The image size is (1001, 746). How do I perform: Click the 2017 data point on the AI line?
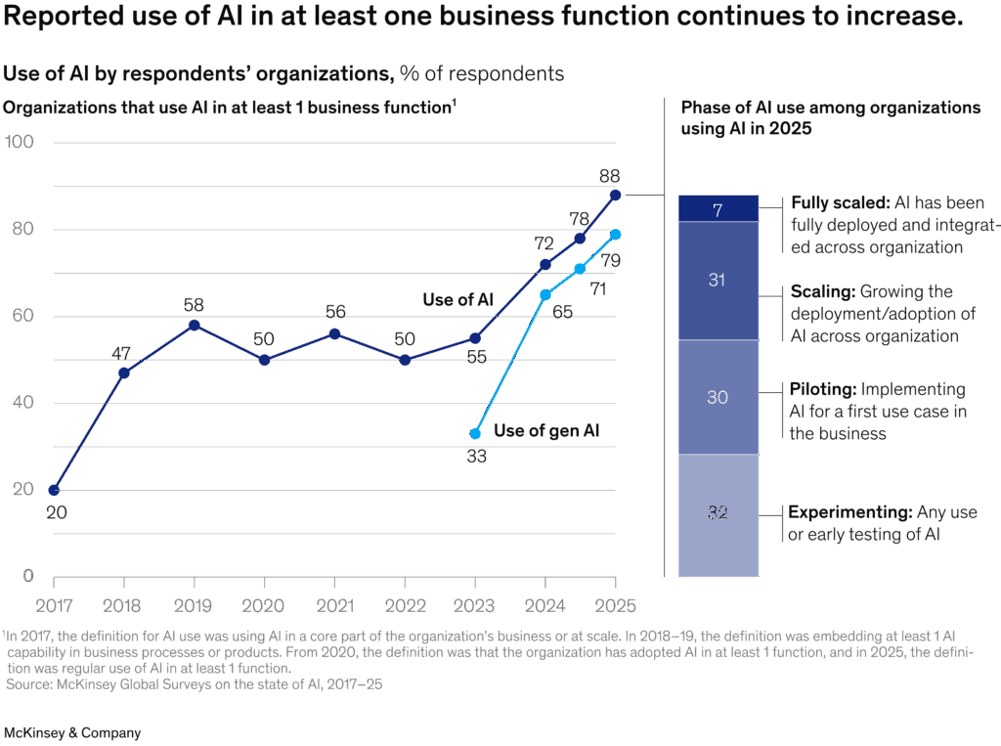(55, 490)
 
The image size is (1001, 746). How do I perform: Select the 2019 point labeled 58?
(195, 326)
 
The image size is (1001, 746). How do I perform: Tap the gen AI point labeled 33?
(475, 434)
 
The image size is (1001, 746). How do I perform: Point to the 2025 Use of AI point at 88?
(616, 195)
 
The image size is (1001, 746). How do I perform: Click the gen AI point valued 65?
(545, 295)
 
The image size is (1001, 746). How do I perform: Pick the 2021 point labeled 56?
(334, 334)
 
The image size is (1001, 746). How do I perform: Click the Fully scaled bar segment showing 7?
(718, 208)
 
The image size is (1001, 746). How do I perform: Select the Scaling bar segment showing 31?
(718, 281)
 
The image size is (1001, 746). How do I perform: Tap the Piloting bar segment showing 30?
(718, 397)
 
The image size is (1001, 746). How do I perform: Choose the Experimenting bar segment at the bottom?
(718, 515)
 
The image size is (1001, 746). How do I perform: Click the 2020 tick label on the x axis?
(263, 605)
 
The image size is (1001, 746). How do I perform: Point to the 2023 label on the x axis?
(474, 605)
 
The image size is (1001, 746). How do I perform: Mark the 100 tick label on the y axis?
(20, 142)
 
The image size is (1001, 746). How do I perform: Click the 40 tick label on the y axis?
(23, 403)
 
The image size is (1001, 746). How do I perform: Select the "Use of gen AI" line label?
(546, 431)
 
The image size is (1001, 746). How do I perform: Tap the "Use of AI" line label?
(458, 299)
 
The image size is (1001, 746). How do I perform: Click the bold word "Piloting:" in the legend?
(823, 389)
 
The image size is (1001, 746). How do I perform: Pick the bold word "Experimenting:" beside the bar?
(850, 513)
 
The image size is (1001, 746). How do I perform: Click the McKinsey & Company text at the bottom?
(72, 732)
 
